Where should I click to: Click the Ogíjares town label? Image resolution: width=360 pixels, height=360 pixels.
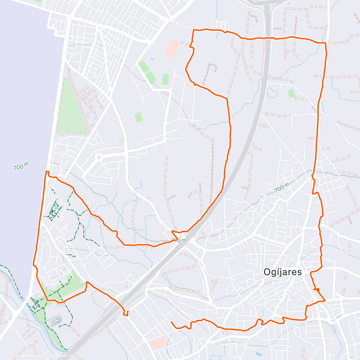pyautogui.click(x=282, y=272)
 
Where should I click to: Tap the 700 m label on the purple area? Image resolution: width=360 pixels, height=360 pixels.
pyautogui.click(x=21, y=166)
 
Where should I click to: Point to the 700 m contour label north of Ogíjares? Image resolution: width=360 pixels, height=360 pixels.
pyautogui.click(x=282, y=188)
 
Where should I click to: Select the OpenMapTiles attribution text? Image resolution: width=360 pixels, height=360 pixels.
pyautogui.click(x=31, y=356)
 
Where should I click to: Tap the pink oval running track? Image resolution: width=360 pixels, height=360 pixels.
pyautogui.click(x=172, y=49)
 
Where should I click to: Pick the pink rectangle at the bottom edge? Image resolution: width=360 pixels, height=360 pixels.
pyautogui.click(x=158, y=343)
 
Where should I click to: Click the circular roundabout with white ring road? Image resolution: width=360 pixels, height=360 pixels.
pyautogui.click(x=98, y=157)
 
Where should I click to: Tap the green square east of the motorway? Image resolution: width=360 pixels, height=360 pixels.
pyautogui.click(x=292, y=93)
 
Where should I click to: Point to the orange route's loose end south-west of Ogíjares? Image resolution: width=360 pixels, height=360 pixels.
pyautogui.click(x=172, y=322)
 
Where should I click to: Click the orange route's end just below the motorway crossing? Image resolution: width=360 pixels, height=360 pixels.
pyautogui.click(x=127, y=315)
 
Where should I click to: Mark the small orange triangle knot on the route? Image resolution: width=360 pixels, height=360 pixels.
pyautogui.click(x=317, y=289)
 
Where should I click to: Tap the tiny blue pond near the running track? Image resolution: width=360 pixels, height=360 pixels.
pyautogui.click(x=151, y=59)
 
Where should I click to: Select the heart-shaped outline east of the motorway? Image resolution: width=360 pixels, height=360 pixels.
pyautogui.click(x=271, y=93)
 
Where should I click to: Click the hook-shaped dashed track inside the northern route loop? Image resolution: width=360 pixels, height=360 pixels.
pyautogui.click(x=211, y=69)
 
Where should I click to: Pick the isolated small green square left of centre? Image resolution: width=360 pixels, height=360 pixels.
pyautogui.click(x=138, y=117)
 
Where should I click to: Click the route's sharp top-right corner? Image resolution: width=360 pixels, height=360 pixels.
pyautogui.click(x=325, y=43)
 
